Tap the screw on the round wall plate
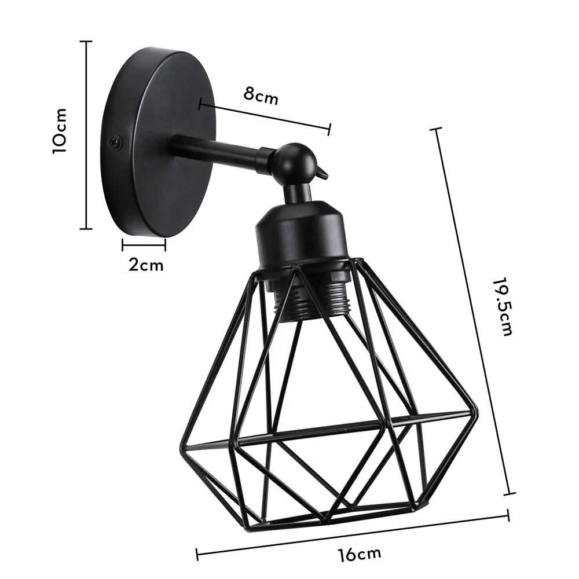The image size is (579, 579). coord(116,140)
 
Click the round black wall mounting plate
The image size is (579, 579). coord(159,142)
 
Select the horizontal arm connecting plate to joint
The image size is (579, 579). coord(217,152)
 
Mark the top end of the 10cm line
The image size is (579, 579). coord(86,42)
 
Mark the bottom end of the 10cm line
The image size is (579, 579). coord(86,229)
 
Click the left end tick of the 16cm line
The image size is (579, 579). coord(197,554)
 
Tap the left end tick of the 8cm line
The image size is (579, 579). coord(200,104)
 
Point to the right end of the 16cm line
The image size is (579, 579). coord(508,515)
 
